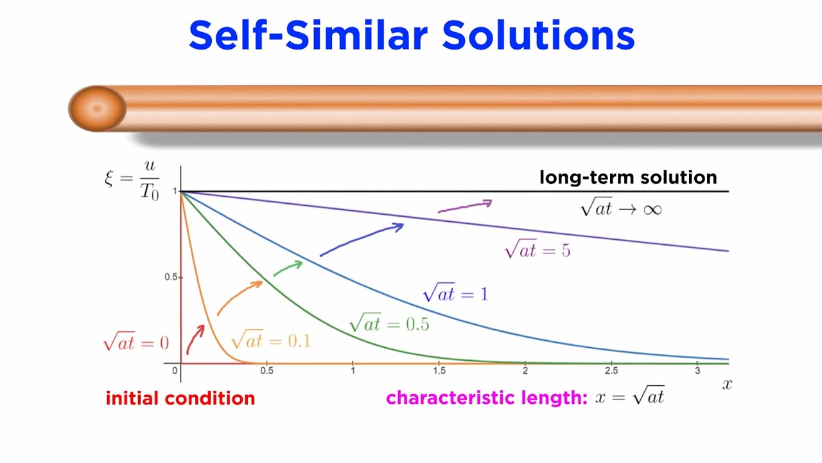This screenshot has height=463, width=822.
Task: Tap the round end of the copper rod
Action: tap(97, 109)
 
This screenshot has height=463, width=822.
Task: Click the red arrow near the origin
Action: tap(195, 340)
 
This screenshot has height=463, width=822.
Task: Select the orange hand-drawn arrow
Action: tap(240, 298)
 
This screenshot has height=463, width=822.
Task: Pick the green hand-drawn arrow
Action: tap(288, 268)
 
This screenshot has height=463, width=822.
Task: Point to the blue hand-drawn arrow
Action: tap(362, 239)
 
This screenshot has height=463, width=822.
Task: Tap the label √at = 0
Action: tap(136, 343)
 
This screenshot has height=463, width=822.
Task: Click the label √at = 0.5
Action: tap(389, 323)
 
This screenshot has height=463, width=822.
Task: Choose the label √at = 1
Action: tap(455, 294)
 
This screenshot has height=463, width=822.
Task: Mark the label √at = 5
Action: tap(538, 250)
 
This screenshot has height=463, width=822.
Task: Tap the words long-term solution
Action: tap(627, 177)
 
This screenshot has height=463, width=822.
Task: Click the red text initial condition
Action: tap(180, 398)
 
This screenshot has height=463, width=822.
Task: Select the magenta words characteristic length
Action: tap(486, 398)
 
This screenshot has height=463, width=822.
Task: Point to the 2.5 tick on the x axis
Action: tap(611, 371)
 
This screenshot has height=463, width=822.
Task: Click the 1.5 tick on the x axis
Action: tap(439, 371)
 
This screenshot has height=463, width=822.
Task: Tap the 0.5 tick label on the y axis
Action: tap(170, 277)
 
